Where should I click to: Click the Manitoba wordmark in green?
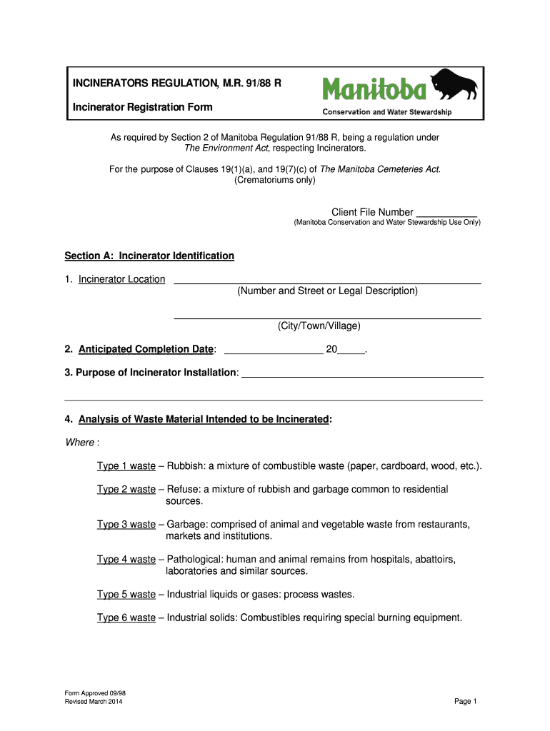(x=375, y=89)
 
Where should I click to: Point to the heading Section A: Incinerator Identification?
(x=149, y=256)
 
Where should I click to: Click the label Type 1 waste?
(x=126, y=466)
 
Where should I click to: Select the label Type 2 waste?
(x=126, y=490)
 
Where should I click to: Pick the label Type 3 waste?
(x=126, y=525)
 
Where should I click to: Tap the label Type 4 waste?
(x=126, y=560)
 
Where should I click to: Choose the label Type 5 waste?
(x=126, y=595)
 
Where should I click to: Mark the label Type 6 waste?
(x=126, y=618)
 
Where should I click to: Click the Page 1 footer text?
(x=465, y=702)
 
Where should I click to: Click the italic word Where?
(x=80, y=443)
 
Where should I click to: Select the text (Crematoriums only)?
(x=274, y=181)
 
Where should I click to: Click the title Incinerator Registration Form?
(x=142, y=107)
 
